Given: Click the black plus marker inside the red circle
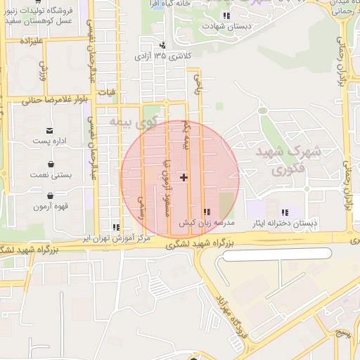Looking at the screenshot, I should coord(184,177).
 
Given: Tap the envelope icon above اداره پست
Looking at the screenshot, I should coord(50,130).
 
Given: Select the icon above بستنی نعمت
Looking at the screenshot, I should coord(51,162).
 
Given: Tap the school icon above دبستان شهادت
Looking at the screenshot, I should coord(225,15).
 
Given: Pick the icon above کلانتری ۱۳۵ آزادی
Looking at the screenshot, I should coord(163,45).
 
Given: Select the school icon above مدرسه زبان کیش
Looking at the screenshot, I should coord(206,212).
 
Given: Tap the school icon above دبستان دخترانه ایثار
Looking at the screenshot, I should coord(285,212).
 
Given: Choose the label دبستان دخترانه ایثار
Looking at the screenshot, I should coord(285,224).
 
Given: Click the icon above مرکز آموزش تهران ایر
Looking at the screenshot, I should coord(115,227).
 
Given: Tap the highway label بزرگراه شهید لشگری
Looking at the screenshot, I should coord(204,243).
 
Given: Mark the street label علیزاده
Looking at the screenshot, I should coord(33,41).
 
